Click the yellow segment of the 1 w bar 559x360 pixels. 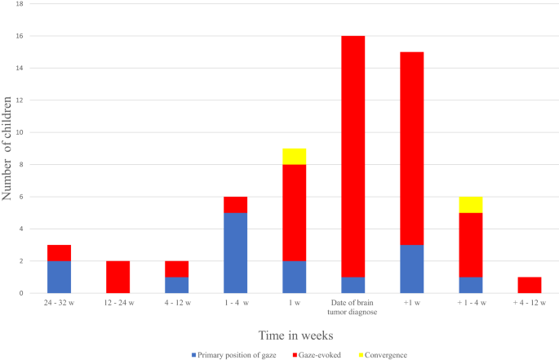tap(294, 156)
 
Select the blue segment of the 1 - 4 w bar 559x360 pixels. tap(235, 252)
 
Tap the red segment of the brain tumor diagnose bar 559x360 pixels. tap(353, 156)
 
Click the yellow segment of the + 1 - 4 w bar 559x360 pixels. tap(470, 204)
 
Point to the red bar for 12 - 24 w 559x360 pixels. tap(118, 277)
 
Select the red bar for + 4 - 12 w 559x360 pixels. tap(529, 285)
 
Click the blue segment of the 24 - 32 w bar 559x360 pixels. tap(59, 277)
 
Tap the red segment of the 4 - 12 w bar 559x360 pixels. tap(176, 269)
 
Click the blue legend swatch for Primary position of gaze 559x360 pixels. tap(193, 355)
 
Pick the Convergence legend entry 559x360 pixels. tap(384, 355)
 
